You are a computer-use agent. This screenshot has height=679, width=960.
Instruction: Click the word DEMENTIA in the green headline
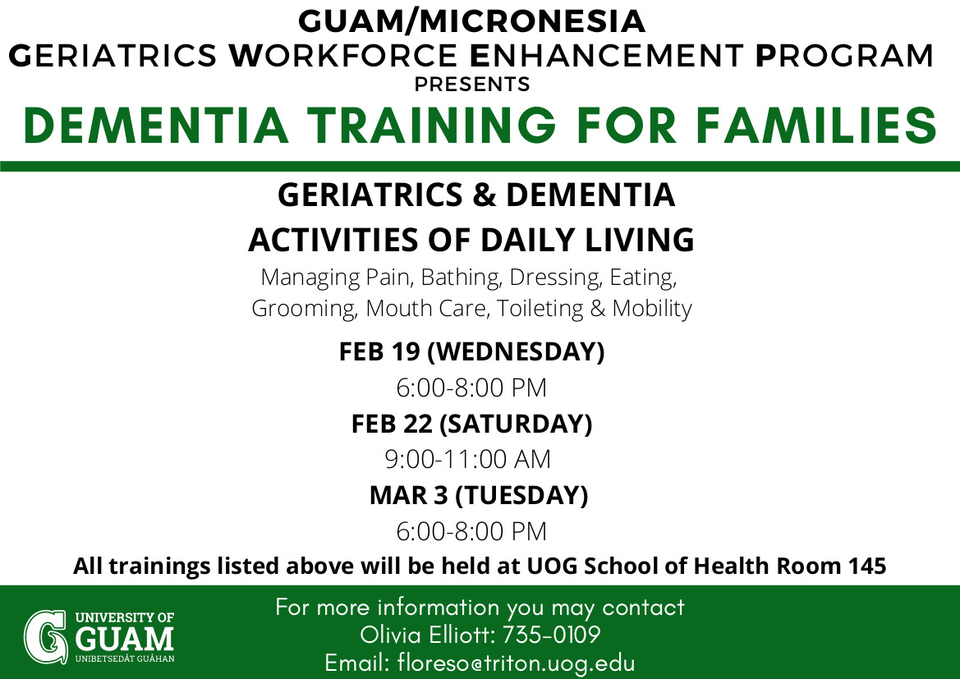[x=155, y=126]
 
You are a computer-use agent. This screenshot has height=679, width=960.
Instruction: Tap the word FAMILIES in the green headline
[x=815, y=126]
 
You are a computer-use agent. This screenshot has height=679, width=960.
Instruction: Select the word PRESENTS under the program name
[x=472, y=84]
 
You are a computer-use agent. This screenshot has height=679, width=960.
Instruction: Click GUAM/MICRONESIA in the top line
[x=471, y=21]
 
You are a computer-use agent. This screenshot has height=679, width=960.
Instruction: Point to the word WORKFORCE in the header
[x=343, y=56]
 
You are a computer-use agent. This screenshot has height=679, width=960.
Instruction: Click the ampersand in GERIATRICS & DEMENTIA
[x=485, y=195]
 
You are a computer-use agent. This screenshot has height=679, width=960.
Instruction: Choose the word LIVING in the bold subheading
[x=639, y=240]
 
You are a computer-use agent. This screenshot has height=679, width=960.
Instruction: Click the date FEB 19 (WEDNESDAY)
[x=471, y=352]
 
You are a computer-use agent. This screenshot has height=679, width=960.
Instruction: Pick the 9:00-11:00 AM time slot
[x=468, y=459]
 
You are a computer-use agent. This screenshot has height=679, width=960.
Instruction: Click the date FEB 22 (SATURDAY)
[x=471, y=424]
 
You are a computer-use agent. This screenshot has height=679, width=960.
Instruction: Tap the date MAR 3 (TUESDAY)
[x=479, y=495]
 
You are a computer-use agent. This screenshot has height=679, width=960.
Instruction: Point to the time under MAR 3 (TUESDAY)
[x=471, y=531]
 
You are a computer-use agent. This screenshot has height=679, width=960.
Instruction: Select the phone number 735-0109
[x=551, y=635]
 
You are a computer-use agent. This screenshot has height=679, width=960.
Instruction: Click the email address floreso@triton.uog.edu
[x=516, y=663]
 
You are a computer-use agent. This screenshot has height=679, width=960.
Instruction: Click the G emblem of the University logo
[x=45, y=637]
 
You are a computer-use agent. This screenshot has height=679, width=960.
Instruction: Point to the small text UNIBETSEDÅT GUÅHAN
[x=125, y=658]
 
